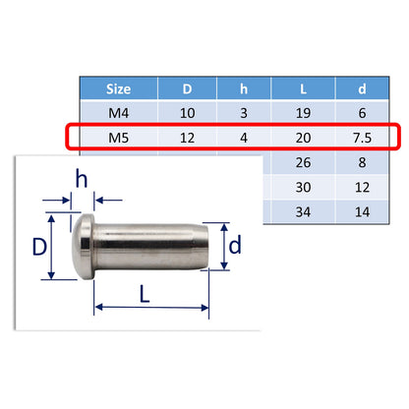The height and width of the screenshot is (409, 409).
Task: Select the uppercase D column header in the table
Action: tap(188, 89)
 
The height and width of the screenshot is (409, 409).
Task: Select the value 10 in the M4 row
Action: tap(188, 112)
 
